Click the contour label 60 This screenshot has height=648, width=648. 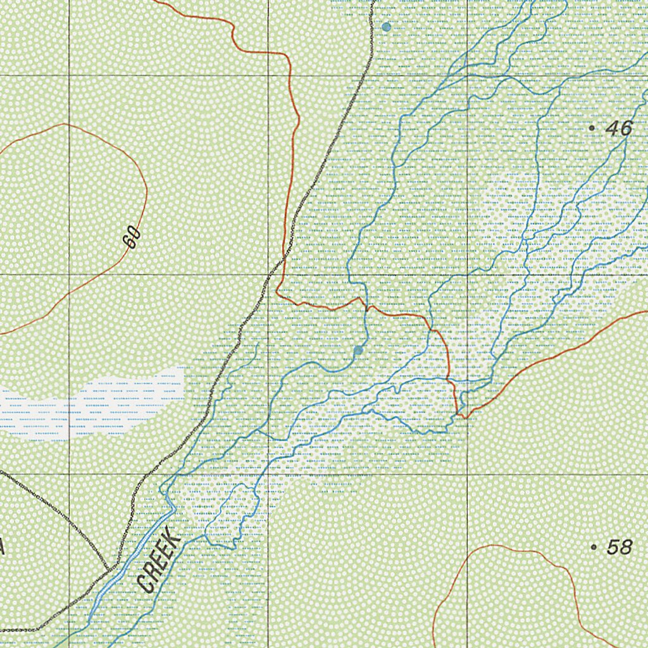pos(132,239)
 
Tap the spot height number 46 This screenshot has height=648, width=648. pos(618,128)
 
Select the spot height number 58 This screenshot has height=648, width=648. pos(619,547)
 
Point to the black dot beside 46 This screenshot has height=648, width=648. pos(592,128)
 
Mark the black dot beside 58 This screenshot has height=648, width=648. pos(594,546)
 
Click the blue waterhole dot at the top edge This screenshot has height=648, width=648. pos(386,27)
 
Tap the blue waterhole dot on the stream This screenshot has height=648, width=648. pos(359,350)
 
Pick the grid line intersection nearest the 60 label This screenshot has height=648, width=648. pos(69,275)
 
